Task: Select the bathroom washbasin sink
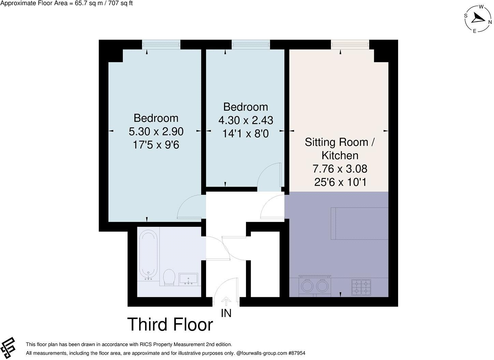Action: [189, 279]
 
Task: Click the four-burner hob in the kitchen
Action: [361, 287]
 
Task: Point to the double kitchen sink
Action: [314, 285]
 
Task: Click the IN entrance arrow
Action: [226, 302]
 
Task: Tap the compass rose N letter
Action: [490, 22]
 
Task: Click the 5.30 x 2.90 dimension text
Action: [156, 132]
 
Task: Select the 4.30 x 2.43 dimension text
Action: [245, 120]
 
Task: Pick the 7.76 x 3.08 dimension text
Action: [340, 169]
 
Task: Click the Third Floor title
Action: [170, 324]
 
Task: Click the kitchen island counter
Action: [360, 223]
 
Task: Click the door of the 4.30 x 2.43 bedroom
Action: [270, 176]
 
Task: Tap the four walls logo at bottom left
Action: [8, 347]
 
